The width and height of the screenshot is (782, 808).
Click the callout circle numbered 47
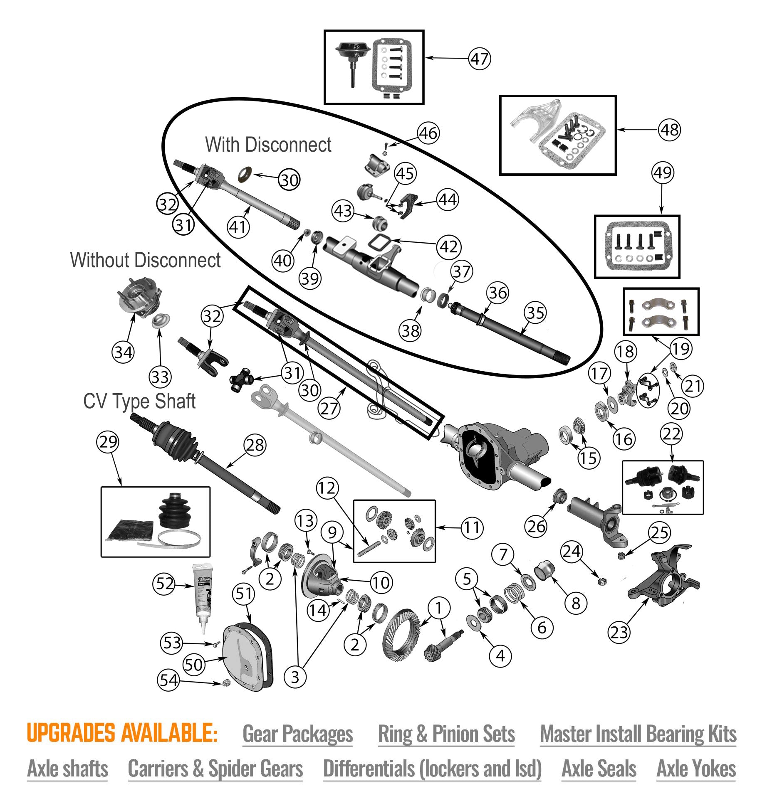pos(479,59)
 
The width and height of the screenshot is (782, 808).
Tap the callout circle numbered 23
pos(619,632)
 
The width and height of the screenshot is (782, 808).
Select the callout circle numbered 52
pos(164,584)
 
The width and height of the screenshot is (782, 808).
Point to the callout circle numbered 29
pos(108,441)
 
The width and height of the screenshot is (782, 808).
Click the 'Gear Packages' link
pos(297,734)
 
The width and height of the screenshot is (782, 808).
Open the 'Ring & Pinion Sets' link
pos(446,734)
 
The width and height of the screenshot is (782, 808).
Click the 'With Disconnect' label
pos(268,145)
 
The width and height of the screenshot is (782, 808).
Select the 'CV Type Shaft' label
pos(139,401)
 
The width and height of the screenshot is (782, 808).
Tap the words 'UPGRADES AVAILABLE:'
pos(122,733)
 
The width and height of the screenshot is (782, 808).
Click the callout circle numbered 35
pos(535,313)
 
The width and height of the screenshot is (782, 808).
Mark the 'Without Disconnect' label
pos(145,260)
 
